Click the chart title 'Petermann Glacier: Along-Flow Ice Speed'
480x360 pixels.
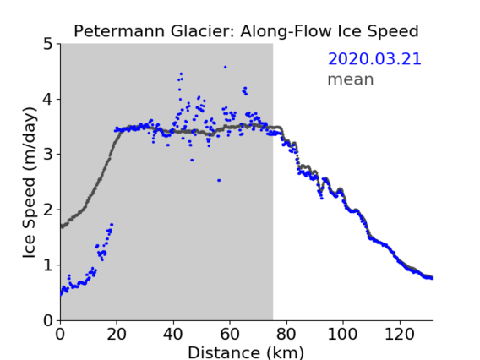[246, 31]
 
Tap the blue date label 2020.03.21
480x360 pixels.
[374, 59]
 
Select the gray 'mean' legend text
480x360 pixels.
[351, 79]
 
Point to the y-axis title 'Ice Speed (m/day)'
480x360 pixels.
[30, 183]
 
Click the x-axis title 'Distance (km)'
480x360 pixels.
[246, 352]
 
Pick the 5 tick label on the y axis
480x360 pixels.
[48, 45]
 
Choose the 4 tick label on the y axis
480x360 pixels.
[48, 100]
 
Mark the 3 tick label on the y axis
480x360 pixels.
[48, 155]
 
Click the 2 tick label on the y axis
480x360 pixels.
[48, 210]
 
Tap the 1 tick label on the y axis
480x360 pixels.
[48, 265]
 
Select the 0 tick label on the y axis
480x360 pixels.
[48, 320]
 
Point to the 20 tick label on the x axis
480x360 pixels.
[117, 334]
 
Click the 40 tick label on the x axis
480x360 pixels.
[173, 334]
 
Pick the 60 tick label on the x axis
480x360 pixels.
[230, 334]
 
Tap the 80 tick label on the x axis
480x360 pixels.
[286, 334]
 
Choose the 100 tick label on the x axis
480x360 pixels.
[342, 334]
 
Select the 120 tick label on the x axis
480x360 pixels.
[399, 334]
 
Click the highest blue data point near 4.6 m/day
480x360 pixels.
[226, 67]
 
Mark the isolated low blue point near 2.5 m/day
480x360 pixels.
[219, 180]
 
